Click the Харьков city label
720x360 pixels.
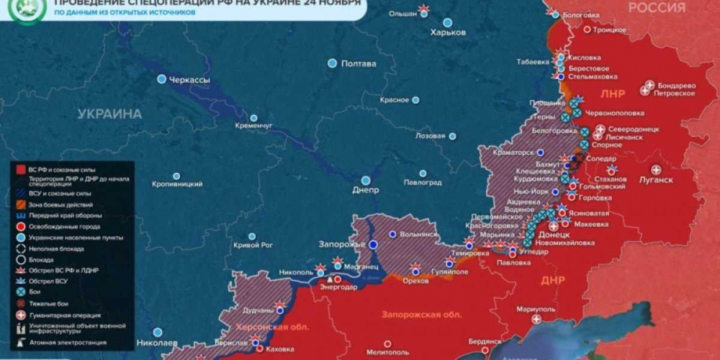tap(448, 32)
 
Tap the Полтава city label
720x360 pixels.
tap(358, 63)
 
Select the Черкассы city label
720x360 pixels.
tap(189, 80)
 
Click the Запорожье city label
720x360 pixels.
tap(340, 244)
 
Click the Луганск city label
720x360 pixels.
tap(656, 179)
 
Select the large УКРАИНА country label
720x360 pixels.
tap(109, 114)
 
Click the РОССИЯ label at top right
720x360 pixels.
tap(657, 8)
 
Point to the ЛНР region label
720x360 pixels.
tap(613, 94)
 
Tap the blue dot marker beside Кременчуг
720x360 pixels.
tap(253, 118)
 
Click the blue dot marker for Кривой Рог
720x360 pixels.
tap(251, 236)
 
